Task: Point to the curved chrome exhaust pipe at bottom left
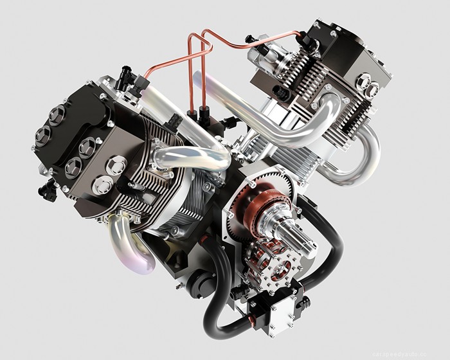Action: pos(132,241)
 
